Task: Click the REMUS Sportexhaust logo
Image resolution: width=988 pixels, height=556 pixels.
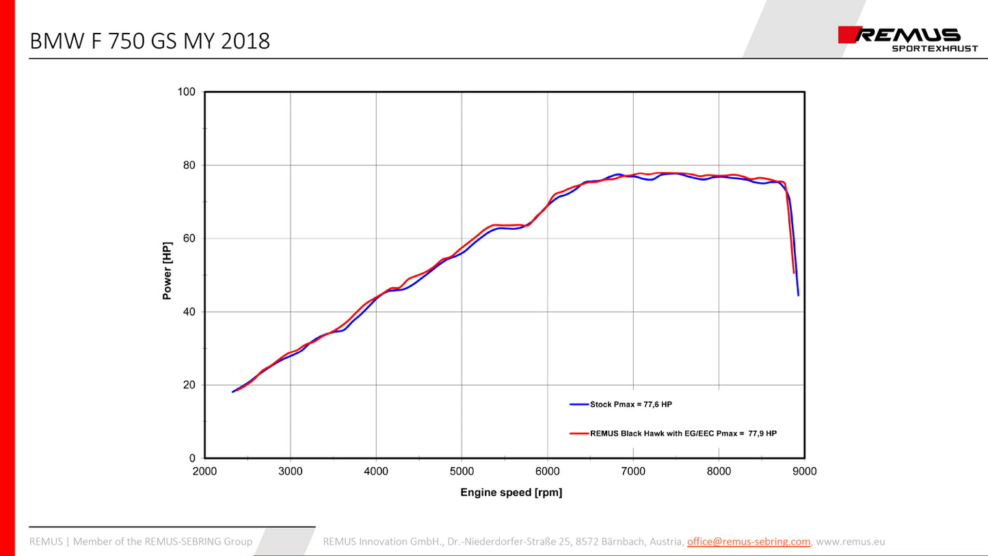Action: click(x=900, y=40)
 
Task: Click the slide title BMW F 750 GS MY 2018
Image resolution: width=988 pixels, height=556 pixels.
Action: click(x=150, y=41)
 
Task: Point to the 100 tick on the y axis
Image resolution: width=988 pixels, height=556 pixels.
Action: click(x=187, y=92)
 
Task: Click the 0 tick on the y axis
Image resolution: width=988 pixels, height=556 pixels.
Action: click(x=192, y=458)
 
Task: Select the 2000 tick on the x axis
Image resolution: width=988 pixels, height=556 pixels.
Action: click(x=205, y=471)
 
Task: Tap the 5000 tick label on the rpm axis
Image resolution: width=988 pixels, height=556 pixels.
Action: click(x=462, y=471)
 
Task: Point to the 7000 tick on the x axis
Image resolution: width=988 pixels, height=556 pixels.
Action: click(x=633, y=471)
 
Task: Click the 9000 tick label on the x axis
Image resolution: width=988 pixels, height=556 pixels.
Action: click(x=804, y=471)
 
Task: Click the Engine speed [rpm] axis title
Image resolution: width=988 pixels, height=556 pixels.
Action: click(x=511, y=492)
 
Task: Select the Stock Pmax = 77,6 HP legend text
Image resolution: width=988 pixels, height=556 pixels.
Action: click(x=630, y=405)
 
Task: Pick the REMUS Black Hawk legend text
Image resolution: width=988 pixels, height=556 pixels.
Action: click(x=682, y=434)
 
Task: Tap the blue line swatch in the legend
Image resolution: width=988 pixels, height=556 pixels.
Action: click(x=579, y=405)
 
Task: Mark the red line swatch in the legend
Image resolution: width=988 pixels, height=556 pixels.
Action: click(x=579, y=434)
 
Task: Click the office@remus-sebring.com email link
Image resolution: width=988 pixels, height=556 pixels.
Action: click(x=749, y=542)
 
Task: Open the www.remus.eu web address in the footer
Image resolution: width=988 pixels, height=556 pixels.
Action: click(x=851, y=542)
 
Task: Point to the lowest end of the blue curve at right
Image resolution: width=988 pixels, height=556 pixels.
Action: click(x=798, y=295)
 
